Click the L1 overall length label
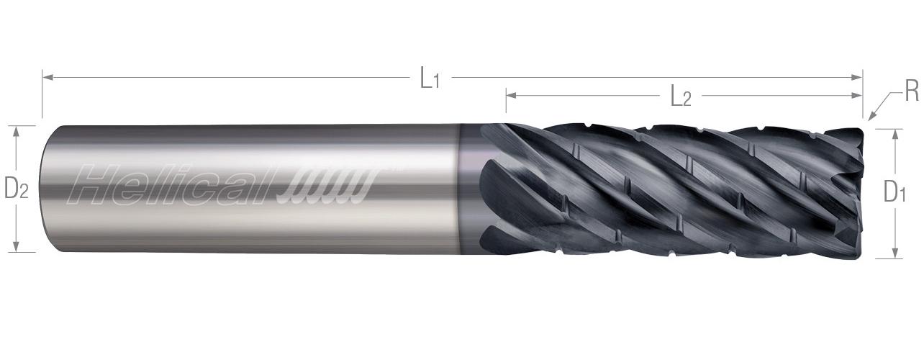430,78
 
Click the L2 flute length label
680,96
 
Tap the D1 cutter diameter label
894,192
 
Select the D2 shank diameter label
16,189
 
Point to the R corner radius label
911,91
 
